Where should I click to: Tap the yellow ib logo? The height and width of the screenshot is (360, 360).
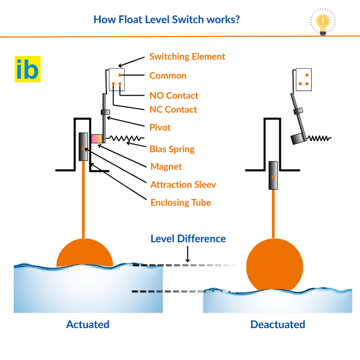tap(27, 69)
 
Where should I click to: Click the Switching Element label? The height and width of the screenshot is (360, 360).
tap(187, 57)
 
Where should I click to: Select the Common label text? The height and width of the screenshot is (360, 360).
tap(168, 76)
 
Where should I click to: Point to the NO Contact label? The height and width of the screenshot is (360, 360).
tap(174, 96)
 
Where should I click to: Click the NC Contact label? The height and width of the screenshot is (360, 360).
tap(173, 110)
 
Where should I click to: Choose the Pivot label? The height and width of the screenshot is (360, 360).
tap(160, 127)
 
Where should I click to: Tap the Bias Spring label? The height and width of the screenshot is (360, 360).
tap(172, 149)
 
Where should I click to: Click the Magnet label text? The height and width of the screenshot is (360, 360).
tap(166, 167)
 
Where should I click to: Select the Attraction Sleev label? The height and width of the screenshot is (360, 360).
tap(183, 185)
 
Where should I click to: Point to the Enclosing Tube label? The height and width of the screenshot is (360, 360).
tap(181, 203)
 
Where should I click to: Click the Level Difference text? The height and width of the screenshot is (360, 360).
tap(188, 239)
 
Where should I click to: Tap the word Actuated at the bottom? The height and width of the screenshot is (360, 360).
tap(88, 325)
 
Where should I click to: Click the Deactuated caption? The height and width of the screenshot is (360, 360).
tap(278, 325)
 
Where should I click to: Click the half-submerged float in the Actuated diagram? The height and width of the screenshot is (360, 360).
tap(84, 254)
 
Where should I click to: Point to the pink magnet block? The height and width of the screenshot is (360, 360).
tap(96, 139)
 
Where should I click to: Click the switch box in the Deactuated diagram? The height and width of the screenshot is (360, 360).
tap(304, 79)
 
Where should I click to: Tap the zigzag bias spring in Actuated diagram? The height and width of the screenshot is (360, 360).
tap(125, 138)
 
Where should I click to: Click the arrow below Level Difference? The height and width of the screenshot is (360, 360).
tap(188, 254)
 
